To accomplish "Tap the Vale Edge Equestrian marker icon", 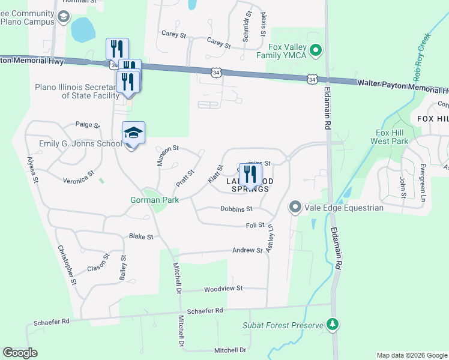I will (295, 208).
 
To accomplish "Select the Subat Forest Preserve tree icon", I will (333, 325).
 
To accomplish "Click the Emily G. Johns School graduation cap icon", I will (133, 133).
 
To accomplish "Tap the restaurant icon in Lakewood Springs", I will (250, 174).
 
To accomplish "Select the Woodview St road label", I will (223, 289).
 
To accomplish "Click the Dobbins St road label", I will (236, 209).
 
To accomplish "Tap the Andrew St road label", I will (247, 250).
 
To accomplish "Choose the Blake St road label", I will (141, 237).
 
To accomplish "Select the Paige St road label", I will (87, 125).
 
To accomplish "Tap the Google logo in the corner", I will (20, 353).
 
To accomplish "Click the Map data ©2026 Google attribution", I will (411, 355).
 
